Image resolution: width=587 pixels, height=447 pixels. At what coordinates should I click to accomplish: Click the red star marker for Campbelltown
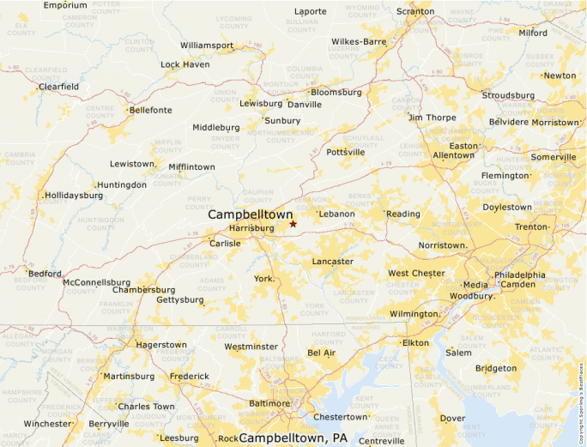tap(293, 224)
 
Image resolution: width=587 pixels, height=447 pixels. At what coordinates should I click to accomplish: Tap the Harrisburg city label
tap(251, 228)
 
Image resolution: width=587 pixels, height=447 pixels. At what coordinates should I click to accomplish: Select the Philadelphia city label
tap(519, 275)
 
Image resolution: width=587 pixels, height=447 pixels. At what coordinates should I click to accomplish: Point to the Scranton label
tap(415, 11)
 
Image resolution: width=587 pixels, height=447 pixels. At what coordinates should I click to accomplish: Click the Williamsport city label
tap(207, 45)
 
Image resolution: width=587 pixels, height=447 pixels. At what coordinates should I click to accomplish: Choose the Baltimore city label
tap(269, 403)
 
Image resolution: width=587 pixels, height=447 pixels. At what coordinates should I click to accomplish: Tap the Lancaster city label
tap(332, 261)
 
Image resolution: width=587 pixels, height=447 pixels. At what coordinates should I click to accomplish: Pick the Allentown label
tap(453, 155)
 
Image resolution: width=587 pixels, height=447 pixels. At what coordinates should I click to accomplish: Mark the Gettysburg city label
tap(180, 299)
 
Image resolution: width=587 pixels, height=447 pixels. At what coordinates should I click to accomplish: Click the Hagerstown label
tap(161, 345)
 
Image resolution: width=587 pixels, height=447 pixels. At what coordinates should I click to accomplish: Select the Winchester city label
tap(47, 424)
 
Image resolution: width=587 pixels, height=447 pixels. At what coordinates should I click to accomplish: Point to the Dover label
tap(452, 419)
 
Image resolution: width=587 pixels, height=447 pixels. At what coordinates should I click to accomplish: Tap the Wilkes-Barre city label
tap(359, 41)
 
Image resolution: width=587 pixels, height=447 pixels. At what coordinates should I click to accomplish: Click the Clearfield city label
tap(58, 87)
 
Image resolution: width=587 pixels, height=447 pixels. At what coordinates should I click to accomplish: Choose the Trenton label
tap(530, 227)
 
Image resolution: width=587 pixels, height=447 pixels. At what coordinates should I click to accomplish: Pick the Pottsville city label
tap(345, 152)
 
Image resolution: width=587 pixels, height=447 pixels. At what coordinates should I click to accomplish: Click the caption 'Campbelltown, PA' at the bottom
tap(293, 438)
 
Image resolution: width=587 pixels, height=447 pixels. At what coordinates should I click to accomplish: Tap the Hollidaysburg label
tap(74, 195)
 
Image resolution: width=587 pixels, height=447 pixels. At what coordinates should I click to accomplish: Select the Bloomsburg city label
tap(336, 92)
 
